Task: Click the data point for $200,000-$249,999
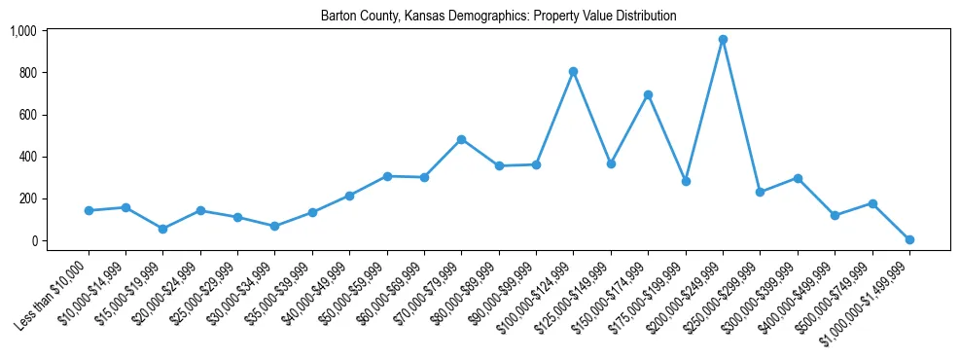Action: pyautogui.click(x=723, y=40)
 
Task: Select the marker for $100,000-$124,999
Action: pyautogui.click(x=574, y=71)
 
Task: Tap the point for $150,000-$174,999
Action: pyautogui.click(x=648, y=94)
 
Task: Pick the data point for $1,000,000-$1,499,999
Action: pyautogui.click(x=909, y=239)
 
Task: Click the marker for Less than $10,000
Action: pyautogui.click(x=89, y=210)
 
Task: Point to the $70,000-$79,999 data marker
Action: pyautogui.click(x=462, y=139)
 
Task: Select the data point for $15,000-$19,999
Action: pyautogui.click(x=163, y=229)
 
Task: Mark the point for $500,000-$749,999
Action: pyautogui.click(x=872, y=203)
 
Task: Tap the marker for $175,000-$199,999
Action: pyautogui.click(x=686, y=181)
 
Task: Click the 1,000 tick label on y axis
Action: pyautogui.click(x=22, y=31)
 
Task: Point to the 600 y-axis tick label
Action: pyautogui.click(x=26, y=115)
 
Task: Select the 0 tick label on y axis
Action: pyautogui.click(x=32, y=241)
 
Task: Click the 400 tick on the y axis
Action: pyautogui.click(x=26, y=157)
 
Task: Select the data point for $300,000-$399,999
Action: pyautogui.click(x=798, y=178)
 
